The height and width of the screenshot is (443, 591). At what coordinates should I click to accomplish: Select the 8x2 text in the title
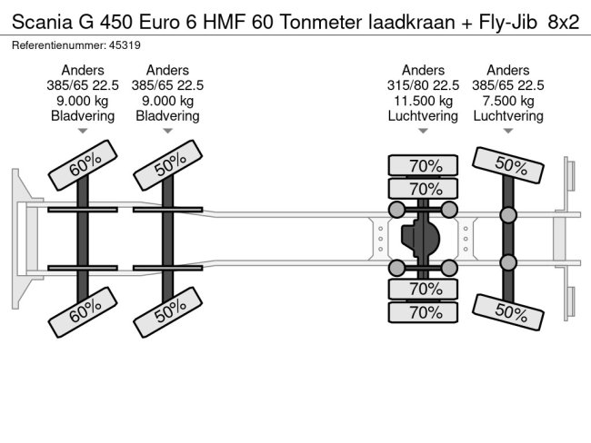(563, 21)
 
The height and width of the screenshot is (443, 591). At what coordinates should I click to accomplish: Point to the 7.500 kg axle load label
(508, 100)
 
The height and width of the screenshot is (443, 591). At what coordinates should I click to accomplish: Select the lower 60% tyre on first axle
(83, 313)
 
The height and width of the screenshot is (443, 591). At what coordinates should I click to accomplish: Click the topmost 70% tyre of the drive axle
(423, 165)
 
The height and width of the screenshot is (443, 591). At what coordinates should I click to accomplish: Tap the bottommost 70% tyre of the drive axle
(423, 311)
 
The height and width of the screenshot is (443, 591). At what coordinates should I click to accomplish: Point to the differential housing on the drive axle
(420, 240)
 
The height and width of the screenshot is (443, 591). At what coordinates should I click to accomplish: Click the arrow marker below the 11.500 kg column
(423, 133)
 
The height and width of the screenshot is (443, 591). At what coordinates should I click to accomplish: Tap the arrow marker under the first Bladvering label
(83, 133)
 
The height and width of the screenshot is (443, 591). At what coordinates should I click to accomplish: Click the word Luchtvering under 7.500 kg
(508, 115)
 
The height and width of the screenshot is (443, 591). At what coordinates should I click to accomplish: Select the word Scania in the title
(41, 21)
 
